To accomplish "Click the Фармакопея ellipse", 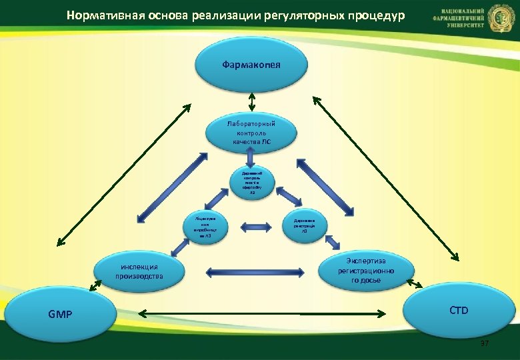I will (x=251, y=64).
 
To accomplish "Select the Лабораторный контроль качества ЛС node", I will (x=250, y=132).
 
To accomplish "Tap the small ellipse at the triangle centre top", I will (x=250, y=183).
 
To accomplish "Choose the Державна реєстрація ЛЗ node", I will (x=304, y=227).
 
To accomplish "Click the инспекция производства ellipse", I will (x=139, y=271).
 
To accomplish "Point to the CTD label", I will (x=459, y=310).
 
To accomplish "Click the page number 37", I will (x=485, y=343).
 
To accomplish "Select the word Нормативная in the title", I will (x=99, y=15).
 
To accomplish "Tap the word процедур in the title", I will (x=375, y=15).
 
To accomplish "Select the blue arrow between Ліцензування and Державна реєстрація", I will (x=254, y=227).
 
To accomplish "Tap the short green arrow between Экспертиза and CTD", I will (x=413, y=285).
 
